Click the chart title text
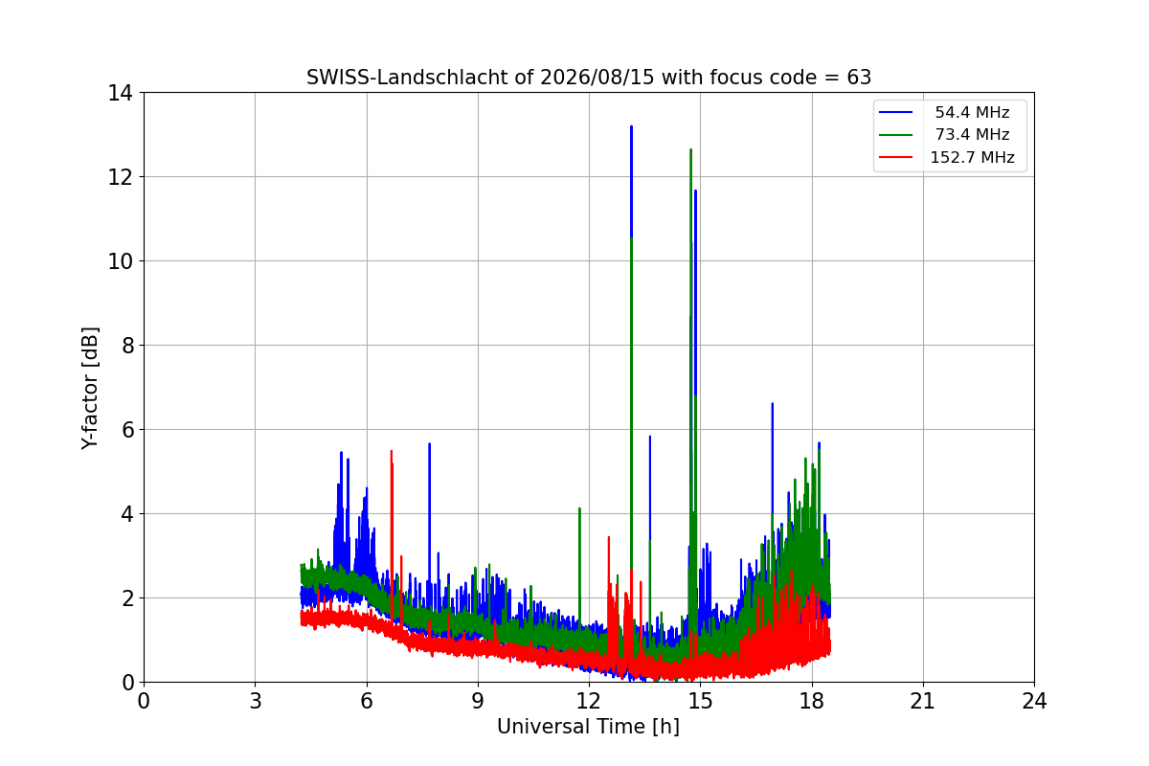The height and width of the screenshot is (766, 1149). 589,78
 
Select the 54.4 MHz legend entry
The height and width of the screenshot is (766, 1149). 944,112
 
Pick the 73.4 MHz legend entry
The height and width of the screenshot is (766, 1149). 944,134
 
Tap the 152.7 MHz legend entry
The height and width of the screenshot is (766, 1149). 947,157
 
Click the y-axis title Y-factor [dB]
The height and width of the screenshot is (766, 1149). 90,389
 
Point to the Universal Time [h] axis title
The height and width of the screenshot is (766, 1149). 588,727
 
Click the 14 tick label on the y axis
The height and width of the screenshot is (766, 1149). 120,93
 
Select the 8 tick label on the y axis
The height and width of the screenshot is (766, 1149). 127,346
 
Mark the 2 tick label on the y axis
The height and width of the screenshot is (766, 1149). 127,598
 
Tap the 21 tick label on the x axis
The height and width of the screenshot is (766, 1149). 923,701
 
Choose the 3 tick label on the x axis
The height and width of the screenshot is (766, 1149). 256,701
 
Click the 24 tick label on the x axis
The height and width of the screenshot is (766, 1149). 1034,701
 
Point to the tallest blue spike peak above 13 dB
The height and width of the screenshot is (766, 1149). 631,126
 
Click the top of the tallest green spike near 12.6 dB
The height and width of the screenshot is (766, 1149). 691,149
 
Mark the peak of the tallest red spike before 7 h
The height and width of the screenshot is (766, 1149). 392,452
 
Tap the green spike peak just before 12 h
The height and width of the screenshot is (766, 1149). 579,508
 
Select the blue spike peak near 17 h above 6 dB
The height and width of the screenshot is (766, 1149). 773,404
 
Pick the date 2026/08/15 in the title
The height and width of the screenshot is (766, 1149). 597,78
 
